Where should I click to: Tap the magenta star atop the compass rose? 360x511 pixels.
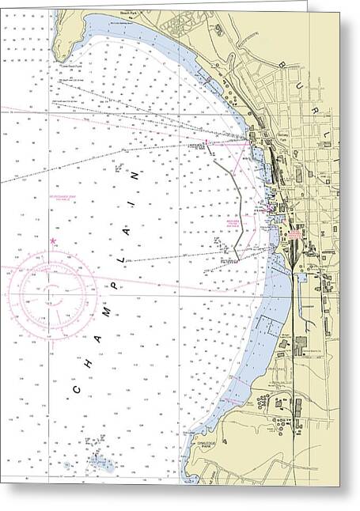pos(53,240)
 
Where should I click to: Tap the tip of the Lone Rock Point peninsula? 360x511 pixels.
pos(52,63)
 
